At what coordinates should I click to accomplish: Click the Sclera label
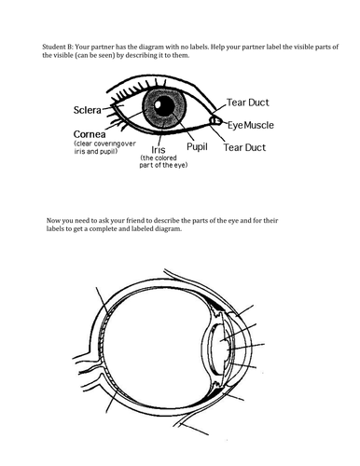(88, 110)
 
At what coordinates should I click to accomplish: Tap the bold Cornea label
(90, 134)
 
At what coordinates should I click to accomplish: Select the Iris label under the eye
(159, 150)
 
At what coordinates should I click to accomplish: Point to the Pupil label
(197, 146)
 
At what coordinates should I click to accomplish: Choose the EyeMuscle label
(251, 125)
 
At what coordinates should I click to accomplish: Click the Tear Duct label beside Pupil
(244, 147)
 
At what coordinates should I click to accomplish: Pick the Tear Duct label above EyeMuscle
(247, 103)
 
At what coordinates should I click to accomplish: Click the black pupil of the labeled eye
(164, 105)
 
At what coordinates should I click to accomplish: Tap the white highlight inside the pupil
(159, 103)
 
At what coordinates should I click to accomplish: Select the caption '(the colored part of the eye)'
(163, 161)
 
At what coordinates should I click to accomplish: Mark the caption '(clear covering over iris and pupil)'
(105, 147)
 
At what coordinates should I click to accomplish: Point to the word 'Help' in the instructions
(218, 47)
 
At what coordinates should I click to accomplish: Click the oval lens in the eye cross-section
(220, 349)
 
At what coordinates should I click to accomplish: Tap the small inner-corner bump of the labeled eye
(215, 120)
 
